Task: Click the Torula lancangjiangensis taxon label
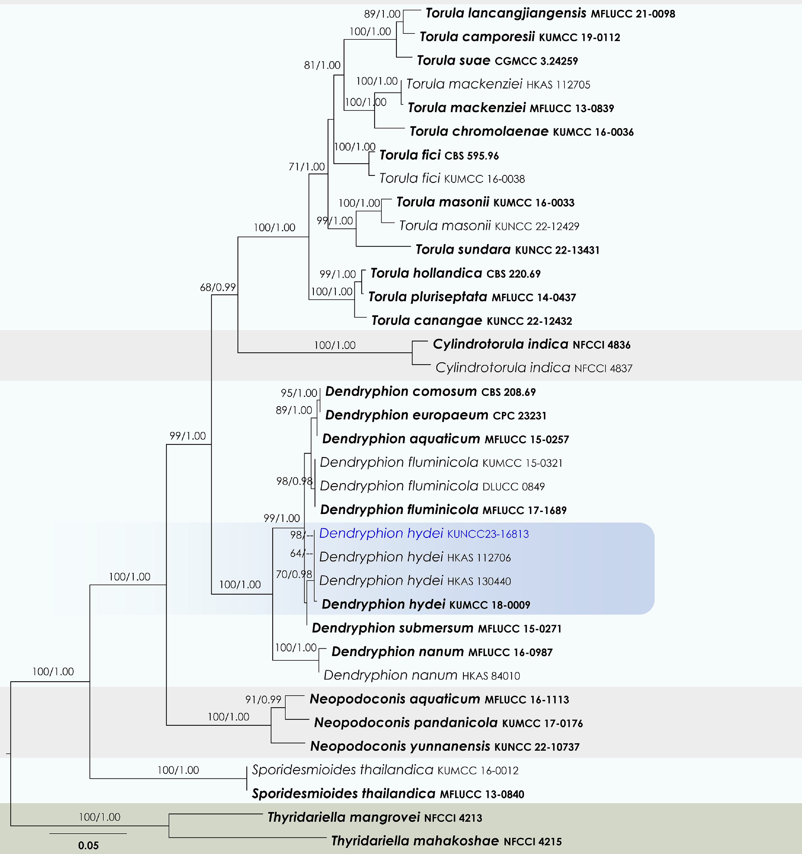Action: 506,13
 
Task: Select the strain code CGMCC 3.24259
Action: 536,61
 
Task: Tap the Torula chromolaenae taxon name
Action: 479,131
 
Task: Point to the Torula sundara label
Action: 463,250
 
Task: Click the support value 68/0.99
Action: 218,287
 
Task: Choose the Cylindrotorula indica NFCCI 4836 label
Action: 531,345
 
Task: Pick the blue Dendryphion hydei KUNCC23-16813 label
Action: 423,533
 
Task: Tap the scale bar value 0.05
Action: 89,846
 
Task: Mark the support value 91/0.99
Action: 263,699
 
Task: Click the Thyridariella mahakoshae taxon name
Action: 415,841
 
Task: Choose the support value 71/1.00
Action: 306,167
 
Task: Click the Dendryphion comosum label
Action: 401,392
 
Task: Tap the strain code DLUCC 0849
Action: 513,487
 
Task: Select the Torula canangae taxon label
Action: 427,321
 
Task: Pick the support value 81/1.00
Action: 322,65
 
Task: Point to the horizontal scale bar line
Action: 88,833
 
